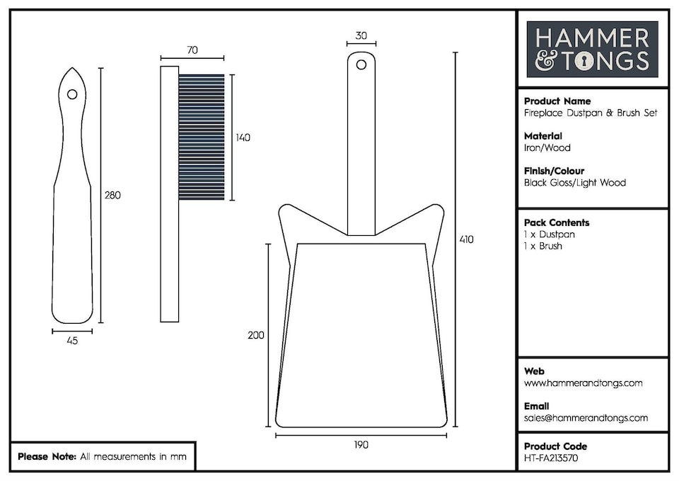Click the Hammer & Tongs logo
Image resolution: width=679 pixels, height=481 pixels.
(593, 49)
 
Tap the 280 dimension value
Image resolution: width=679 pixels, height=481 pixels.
(112, 196)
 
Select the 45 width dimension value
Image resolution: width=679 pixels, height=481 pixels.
(72, 341)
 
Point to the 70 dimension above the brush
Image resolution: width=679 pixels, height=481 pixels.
(192, 50)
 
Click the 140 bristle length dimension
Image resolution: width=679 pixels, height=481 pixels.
(243, 137)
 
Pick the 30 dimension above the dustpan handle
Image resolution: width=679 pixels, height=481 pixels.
(361, 35)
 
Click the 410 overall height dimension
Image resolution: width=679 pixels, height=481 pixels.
(466, 239)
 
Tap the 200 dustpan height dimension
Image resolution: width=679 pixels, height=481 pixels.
(256, 335)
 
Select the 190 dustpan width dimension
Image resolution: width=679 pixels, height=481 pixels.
(361, 445)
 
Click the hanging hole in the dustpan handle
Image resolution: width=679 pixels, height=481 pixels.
(361, 65)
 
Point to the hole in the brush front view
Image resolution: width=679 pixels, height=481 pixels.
(72, 94)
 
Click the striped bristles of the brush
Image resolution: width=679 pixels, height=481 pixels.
(202, 137)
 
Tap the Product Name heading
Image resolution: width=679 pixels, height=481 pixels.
(557, 101)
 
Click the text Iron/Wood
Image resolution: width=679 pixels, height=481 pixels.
(547, 148)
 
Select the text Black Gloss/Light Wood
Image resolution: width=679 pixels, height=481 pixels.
(575, 183)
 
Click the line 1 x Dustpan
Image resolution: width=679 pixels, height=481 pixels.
(550, 234)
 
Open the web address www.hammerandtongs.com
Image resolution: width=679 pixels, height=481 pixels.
(584, 383)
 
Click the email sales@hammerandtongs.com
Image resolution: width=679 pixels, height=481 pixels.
(586, 418)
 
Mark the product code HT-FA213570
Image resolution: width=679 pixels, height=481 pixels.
(551, 458)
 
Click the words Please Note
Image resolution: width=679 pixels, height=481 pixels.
(47, 457)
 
